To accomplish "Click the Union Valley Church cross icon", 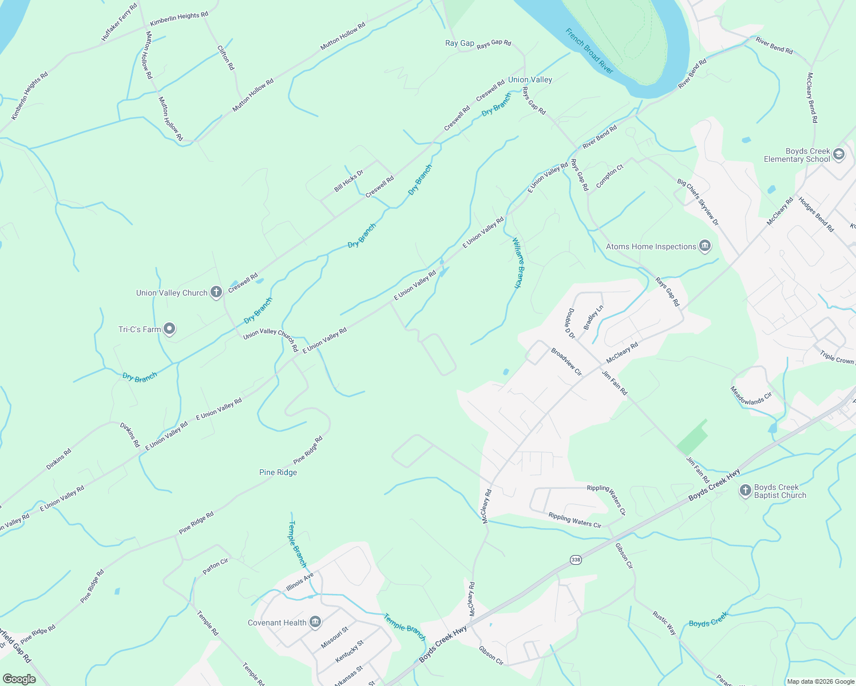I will click(216, 293).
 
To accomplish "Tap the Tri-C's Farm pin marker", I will click(169, 329).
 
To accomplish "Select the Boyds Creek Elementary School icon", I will click(839, 155).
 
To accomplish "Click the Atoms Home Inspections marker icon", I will click(705, 246).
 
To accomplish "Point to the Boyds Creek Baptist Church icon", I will click(745, 490).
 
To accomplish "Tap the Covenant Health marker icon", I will click(315, 623).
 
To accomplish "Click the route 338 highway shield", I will click(576, 560).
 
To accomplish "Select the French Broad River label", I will click(589, 51).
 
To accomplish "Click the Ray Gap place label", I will click(459, 43).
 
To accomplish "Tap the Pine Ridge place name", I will click(278, 472).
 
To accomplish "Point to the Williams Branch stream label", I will click(517, 262).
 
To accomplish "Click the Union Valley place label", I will click(530, 80).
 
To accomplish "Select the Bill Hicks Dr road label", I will click(348, 181).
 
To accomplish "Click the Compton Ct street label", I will click(609, 176).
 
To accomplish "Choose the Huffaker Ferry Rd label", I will click(120, 22).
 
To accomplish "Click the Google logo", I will click(19, 679).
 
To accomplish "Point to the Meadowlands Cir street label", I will click(751, 395).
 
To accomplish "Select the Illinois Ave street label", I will click(300, 583).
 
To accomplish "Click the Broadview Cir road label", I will click(566, 362).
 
